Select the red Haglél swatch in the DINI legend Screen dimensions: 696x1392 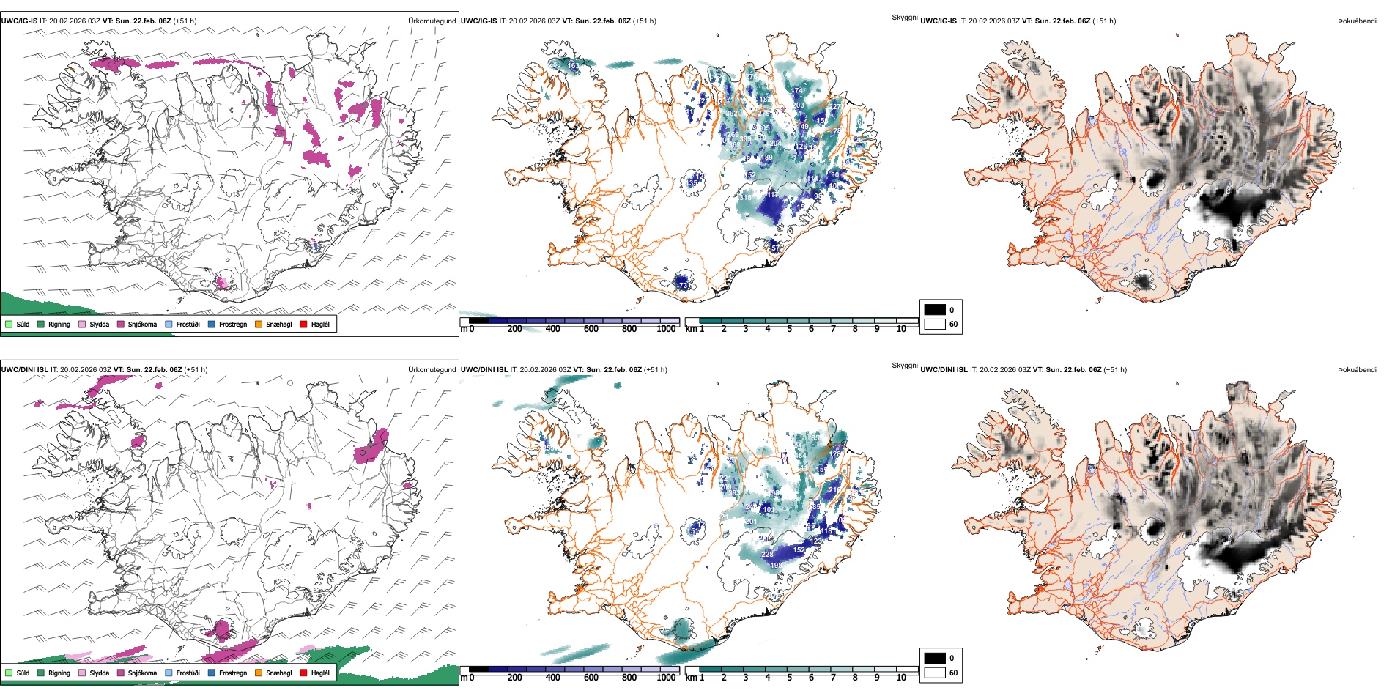coord(303,673)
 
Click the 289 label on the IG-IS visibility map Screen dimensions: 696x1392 coord(555,64)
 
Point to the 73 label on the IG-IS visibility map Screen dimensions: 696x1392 coord(684,286)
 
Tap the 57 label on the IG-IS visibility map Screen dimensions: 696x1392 coord(775,248)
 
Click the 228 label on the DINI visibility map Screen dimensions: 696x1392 coord(767,555)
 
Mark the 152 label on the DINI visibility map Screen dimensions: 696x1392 coord(799,550)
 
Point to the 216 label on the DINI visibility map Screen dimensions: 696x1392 coord(834,490)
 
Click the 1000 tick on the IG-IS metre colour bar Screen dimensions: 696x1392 coord(666,329)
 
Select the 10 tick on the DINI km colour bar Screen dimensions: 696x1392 coord(901,678)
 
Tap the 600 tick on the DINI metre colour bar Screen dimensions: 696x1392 coord(591,678)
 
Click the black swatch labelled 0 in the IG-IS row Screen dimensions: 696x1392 coord(935,310)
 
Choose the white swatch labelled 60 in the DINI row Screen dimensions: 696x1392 coord(935,673)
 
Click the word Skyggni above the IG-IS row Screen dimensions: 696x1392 coord(904,17)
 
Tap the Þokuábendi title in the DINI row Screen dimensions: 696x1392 coord(1357,370)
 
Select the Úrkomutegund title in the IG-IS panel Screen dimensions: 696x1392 coord(432,21)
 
